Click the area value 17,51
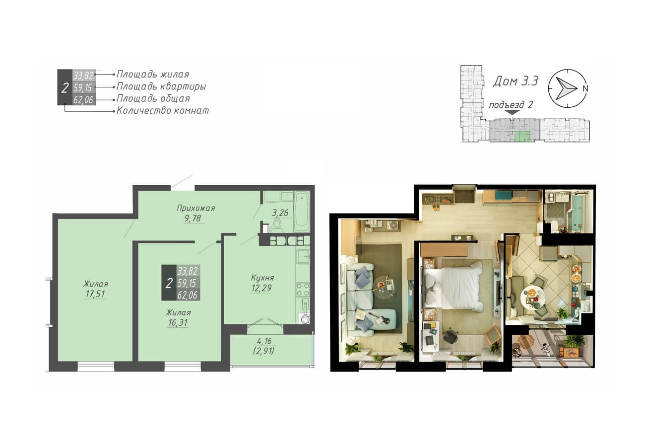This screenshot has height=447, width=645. click(95, 294)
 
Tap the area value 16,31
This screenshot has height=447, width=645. click(178, 322)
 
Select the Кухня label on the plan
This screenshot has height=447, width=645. click(262, 278)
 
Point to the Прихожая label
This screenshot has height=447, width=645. click(196, 208)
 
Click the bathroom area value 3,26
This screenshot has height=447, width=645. click(280, 213)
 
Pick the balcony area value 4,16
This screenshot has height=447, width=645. click(264, 341)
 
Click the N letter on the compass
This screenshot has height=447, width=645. click(585, 88)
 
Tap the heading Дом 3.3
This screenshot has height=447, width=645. click(516, 81)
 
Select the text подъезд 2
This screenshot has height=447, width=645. click(511, 105)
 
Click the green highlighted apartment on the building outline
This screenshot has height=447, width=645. click(522, 136)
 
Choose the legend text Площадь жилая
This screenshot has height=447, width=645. click(153, 74)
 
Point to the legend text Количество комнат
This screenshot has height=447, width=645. click(162, 111)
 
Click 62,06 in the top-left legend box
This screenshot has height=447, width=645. click(83, 100)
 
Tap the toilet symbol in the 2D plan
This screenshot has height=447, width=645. click(277, 224)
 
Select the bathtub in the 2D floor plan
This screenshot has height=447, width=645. click(301, 211)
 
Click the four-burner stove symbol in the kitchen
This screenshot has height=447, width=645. click(303, 290)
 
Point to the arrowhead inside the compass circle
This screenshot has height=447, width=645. click(566, 88)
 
